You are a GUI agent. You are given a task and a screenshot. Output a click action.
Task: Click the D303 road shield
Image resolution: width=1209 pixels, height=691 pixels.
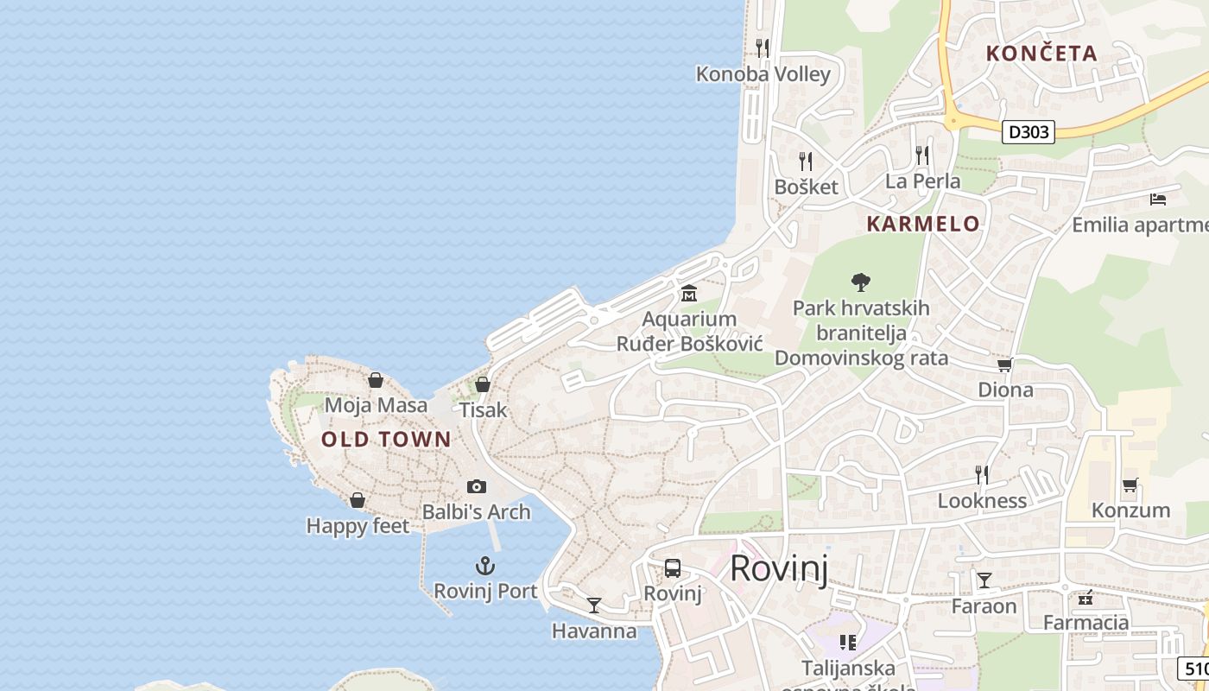point(1029,132)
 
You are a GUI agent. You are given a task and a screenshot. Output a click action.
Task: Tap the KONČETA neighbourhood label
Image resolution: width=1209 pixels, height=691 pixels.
point(1041,53)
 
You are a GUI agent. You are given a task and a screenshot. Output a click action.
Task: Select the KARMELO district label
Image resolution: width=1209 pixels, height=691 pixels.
point(923,224)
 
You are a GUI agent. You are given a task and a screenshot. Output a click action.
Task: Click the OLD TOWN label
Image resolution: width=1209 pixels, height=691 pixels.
point(386,439)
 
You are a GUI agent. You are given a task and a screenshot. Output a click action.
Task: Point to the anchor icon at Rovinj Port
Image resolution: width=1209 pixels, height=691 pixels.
point(485,567)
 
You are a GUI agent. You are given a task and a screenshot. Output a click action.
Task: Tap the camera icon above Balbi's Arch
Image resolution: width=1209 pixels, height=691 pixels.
point(476,487)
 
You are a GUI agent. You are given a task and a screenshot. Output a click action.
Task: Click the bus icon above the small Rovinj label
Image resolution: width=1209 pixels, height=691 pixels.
point(673,568)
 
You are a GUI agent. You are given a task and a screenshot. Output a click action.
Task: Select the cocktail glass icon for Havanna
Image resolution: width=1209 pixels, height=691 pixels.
point(593,605)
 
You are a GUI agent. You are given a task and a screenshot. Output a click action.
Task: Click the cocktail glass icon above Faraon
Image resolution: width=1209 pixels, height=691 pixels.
point(984,580)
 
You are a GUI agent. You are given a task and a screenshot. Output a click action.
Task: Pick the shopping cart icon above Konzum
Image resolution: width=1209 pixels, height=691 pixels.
point(1130,485)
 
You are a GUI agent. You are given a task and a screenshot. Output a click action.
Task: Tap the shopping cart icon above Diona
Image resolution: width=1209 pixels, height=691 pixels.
point(1005,365)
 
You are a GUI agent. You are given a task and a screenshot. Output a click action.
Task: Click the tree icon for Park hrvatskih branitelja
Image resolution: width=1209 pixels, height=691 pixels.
point(860,282)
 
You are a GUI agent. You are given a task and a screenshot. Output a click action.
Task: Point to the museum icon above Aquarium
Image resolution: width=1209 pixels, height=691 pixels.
point(689,293)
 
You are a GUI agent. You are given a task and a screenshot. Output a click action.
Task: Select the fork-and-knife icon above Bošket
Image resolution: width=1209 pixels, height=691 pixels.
point(806,161)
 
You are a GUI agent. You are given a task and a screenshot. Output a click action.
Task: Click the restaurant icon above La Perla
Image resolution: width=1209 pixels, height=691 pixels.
point(922,155)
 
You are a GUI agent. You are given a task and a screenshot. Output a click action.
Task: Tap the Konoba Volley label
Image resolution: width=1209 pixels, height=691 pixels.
point(763,74)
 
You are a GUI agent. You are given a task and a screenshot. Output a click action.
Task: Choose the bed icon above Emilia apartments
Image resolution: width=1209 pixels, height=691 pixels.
point(1158,200)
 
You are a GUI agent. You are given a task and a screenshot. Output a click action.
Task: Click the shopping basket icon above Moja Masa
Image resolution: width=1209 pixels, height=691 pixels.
point(376,380)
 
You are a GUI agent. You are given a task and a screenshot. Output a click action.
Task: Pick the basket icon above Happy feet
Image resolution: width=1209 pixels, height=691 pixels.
point(358,500)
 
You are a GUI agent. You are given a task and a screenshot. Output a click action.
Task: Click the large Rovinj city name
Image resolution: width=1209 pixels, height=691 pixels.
point(779,568)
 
